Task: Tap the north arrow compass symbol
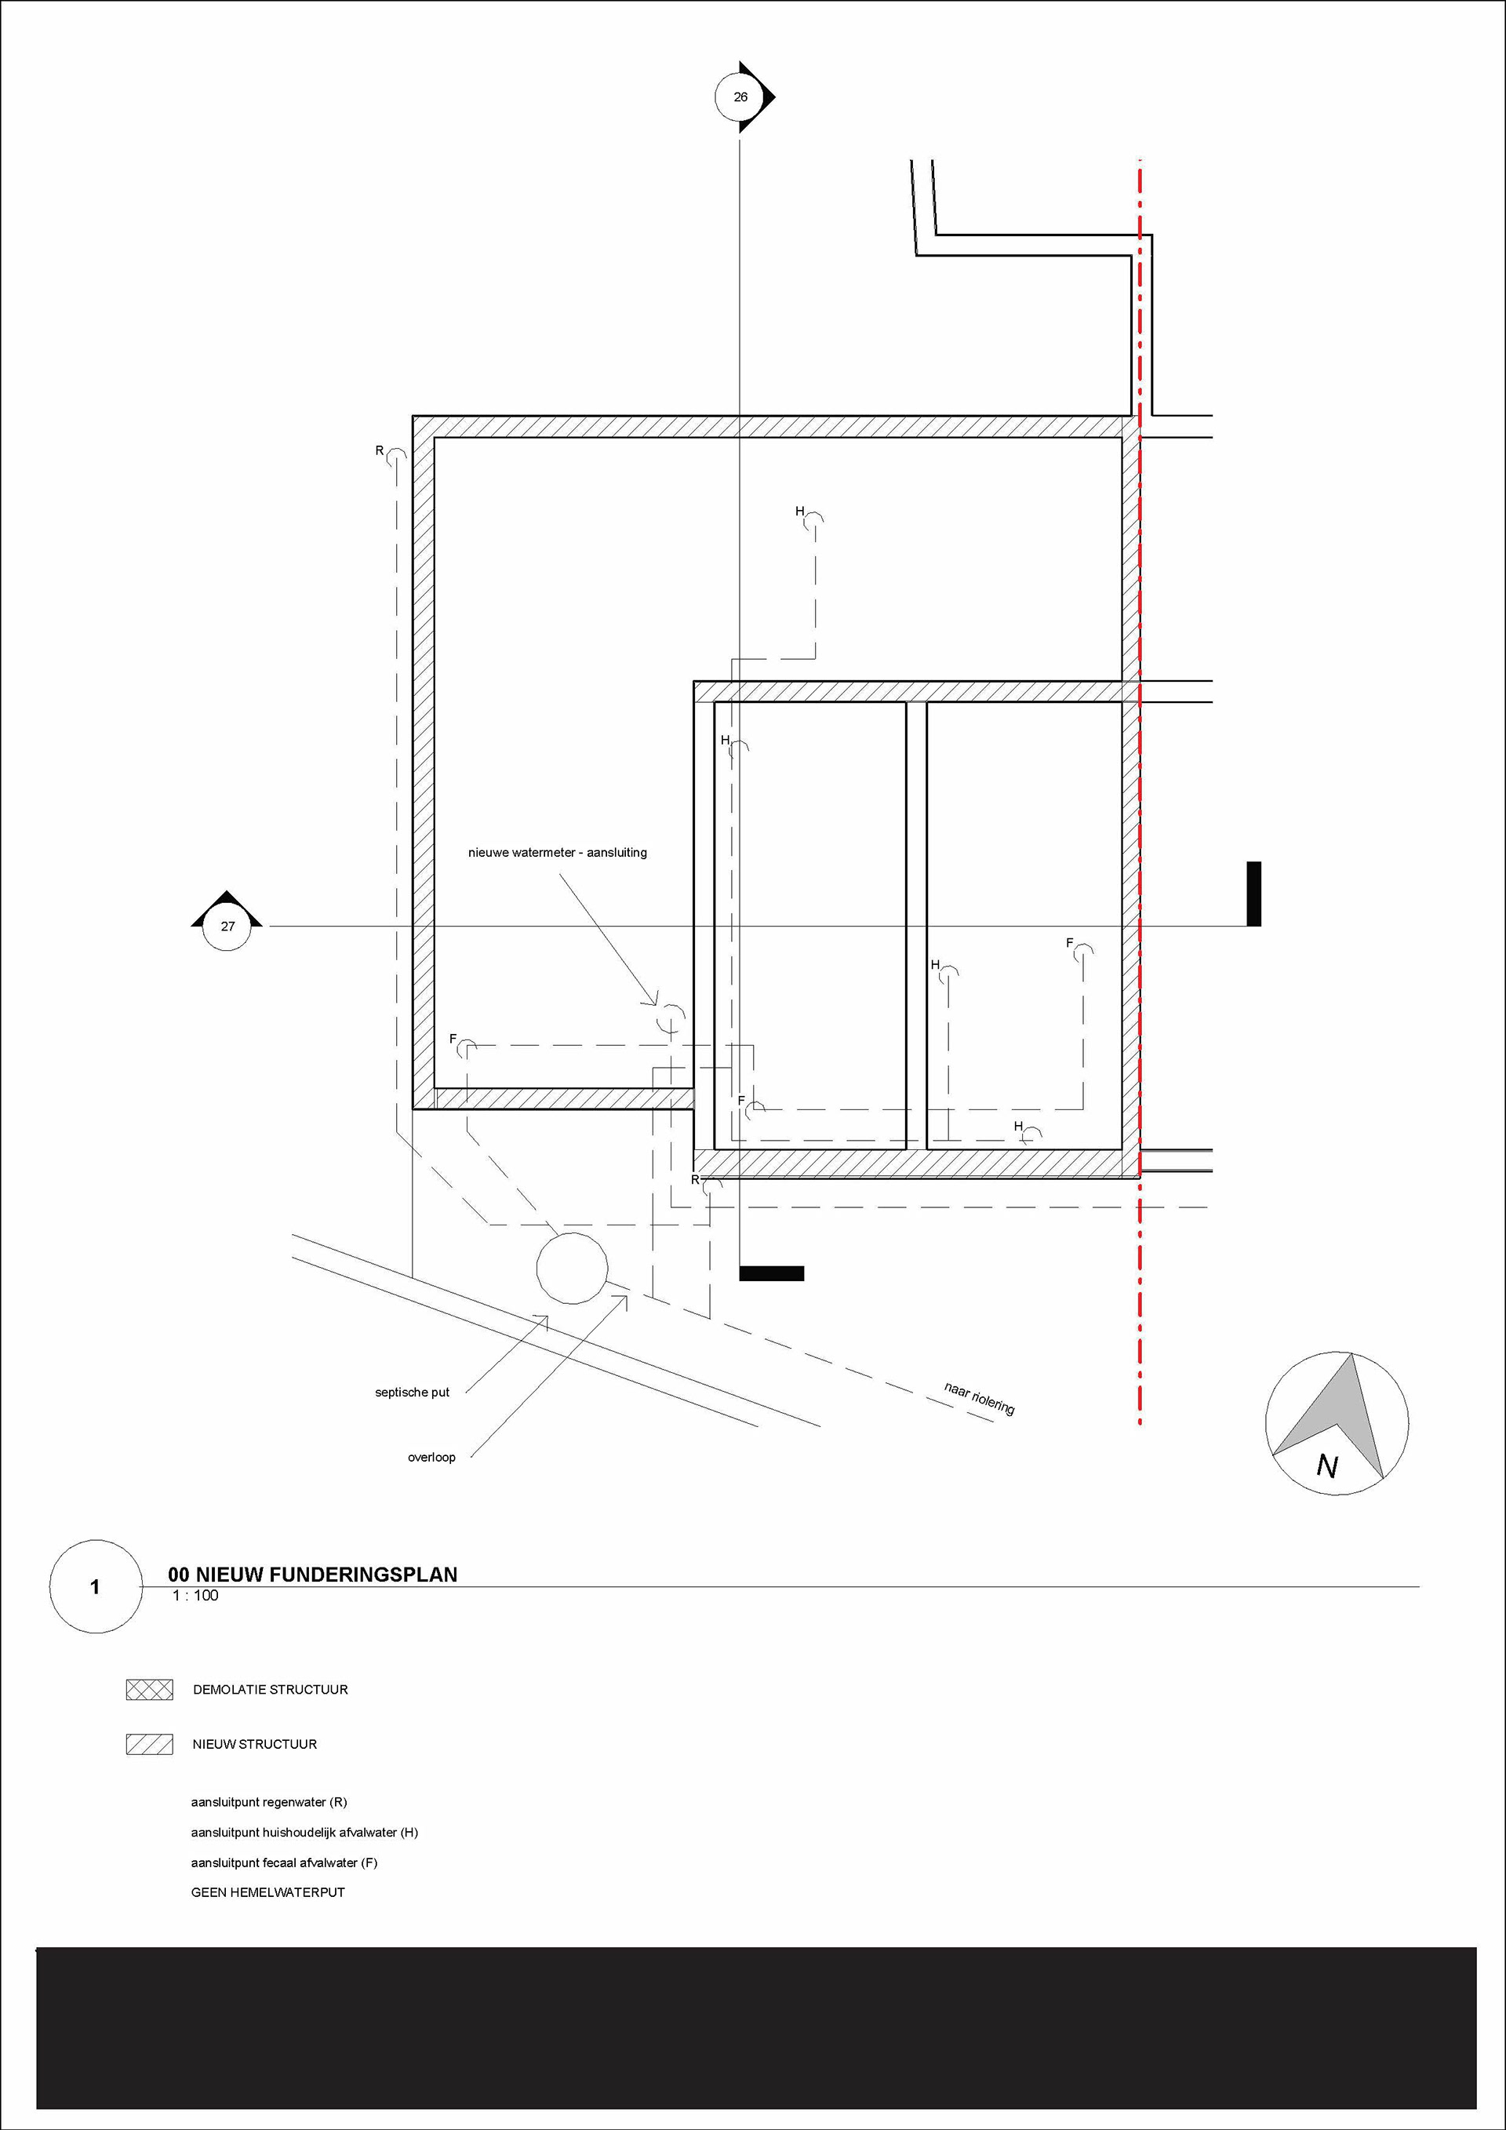(x=1337, y=1423)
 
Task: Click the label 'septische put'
(x=412, y=1392)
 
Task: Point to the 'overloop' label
(x=431, y=1457)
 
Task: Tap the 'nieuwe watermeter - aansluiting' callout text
(x=558, y=852)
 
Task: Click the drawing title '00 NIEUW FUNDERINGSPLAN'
(x=312, y=1575)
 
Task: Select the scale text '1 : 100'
(x=195, y=1596)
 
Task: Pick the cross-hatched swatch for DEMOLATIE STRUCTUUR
(x=149, y=1689)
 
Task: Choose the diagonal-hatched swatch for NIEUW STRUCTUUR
(x=149, y=1744)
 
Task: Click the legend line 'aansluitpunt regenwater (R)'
(x=269, y=1803)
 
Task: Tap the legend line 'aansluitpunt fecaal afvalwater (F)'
(x=284, y=1862)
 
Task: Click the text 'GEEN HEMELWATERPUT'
(x=268, y=1892)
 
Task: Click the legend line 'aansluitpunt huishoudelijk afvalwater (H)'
(x=304, y=1832)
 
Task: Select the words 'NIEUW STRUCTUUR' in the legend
(x=255, y=1744)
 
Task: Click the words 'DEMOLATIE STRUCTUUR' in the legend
(x=271, y=1689)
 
